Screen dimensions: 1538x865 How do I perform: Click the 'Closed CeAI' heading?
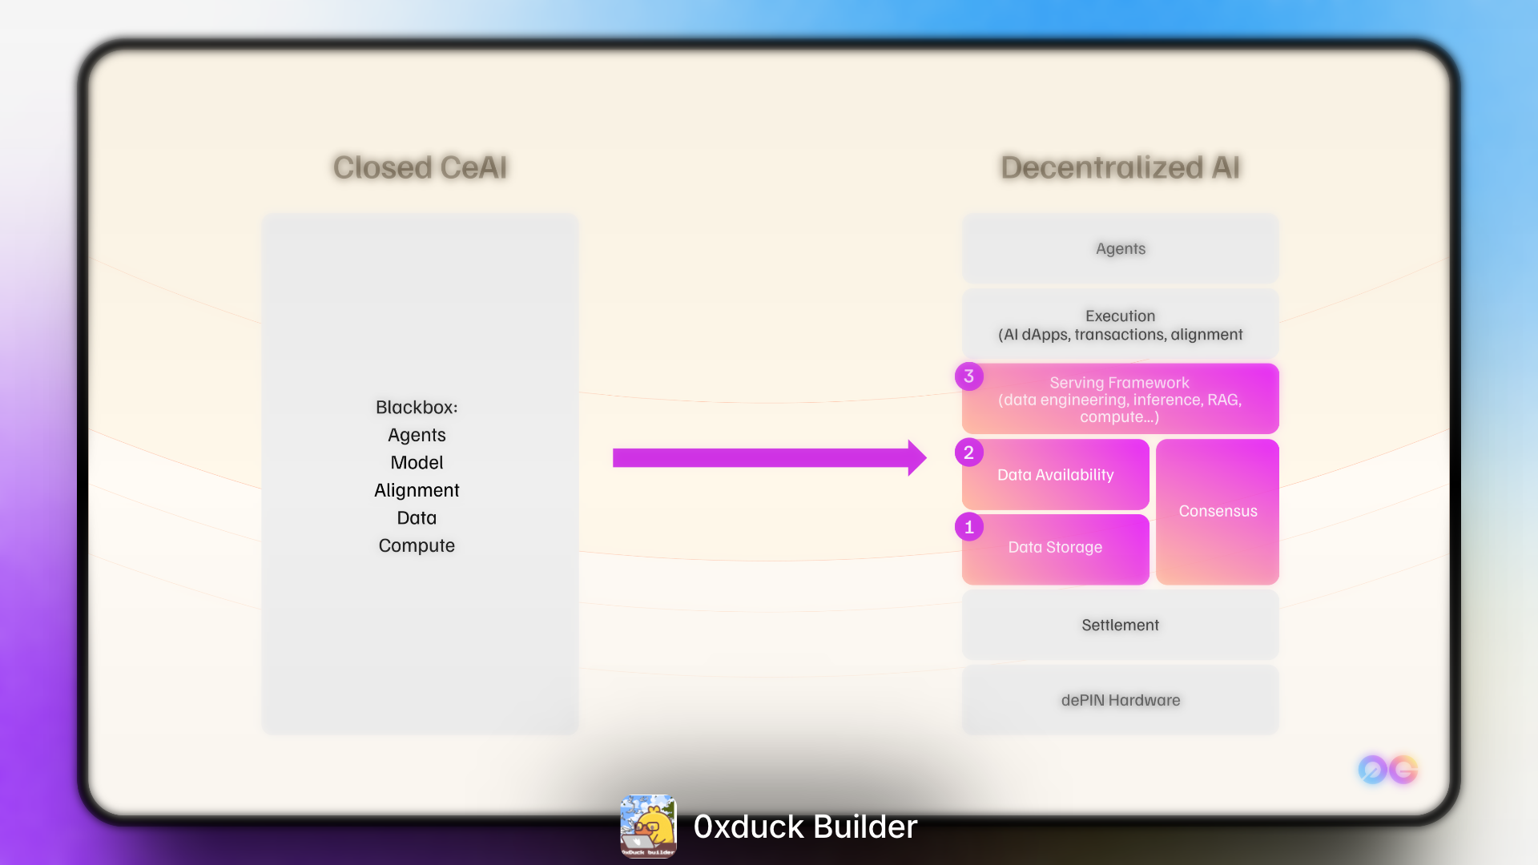420,167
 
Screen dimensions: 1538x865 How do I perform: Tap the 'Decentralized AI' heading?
1120,167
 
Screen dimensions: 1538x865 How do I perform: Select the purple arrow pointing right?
769,457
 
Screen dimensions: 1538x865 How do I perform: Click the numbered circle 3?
969,376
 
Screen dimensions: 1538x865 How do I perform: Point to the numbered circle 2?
969,453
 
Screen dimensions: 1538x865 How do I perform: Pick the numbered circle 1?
969,527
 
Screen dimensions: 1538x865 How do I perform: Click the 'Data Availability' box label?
1055,475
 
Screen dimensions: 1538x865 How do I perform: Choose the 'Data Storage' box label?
1055,547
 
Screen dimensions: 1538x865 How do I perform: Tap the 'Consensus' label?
1218,511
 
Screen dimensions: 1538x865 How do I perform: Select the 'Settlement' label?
1120,625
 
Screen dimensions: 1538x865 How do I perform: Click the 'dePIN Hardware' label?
1120,700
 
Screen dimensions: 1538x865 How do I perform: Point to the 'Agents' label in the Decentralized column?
1120,248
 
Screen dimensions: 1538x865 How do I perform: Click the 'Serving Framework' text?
1119,383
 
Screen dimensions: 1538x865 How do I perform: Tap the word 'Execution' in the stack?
1120,316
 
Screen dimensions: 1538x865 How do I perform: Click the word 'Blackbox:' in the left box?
417,407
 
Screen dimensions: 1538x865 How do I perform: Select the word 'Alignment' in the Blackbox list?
417,490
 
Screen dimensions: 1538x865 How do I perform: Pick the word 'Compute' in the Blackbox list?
417,545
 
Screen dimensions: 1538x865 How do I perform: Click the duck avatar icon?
648,826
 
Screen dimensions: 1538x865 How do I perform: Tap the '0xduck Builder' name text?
805,827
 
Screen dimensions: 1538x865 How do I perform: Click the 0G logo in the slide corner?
1388,770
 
